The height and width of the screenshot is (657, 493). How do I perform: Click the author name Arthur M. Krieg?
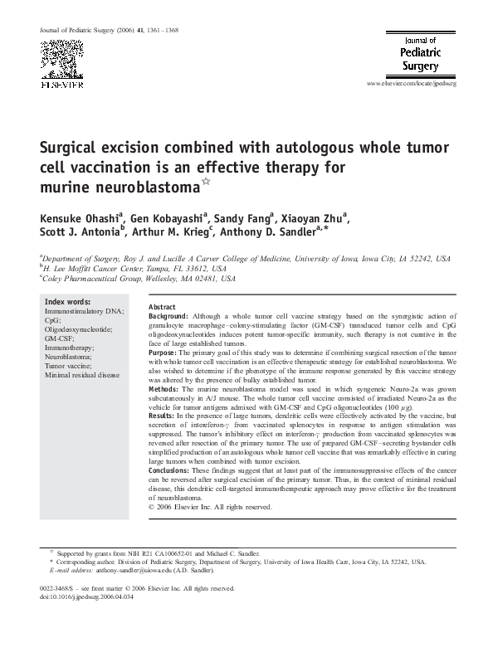point(171,236)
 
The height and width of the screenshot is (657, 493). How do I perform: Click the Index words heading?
point(67,301)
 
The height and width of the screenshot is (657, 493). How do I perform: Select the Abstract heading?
point(162,307)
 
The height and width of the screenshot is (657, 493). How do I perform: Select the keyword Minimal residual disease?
point(81,374)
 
